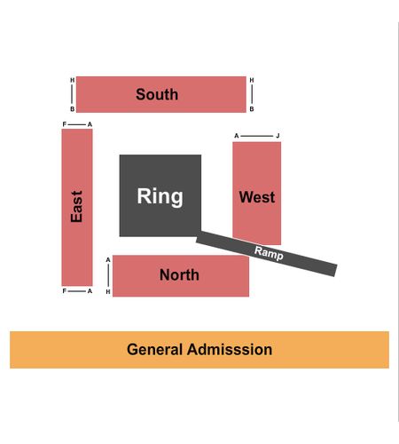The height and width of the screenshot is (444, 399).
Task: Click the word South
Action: [157, 94]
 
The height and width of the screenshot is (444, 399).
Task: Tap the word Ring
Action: [160, 197]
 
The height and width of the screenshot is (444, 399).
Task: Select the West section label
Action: [257, 197]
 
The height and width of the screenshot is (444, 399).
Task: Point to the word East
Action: [76, 206]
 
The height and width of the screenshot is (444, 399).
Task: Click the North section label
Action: [179, 275]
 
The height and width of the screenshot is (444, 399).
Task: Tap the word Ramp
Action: [269, 253]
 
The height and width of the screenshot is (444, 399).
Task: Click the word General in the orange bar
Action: [154, 350]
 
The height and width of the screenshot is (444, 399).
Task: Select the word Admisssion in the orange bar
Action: [230, 350]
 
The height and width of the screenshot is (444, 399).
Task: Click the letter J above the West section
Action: [278, 136]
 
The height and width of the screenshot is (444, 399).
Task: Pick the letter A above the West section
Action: [237, 136]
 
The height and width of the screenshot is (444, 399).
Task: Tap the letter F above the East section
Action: [65, 124]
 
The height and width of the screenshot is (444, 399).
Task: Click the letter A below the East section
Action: [90, 291]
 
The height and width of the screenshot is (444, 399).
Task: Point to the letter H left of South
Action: [72, 80]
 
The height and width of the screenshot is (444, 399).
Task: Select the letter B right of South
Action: [252, 109]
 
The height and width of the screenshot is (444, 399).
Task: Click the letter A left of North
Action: [108, 260]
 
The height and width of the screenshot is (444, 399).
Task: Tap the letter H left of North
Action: [108, 292]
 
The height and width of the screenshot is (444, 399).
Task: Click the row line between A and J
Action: [257, 136]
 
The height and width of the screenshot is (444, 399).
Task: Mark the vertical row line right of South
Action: [252, 94]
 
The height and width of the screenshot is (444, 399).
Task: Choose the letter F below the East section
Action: [65, 291]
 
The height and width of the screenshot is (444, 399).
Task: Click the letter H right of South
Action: [252, 80]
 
